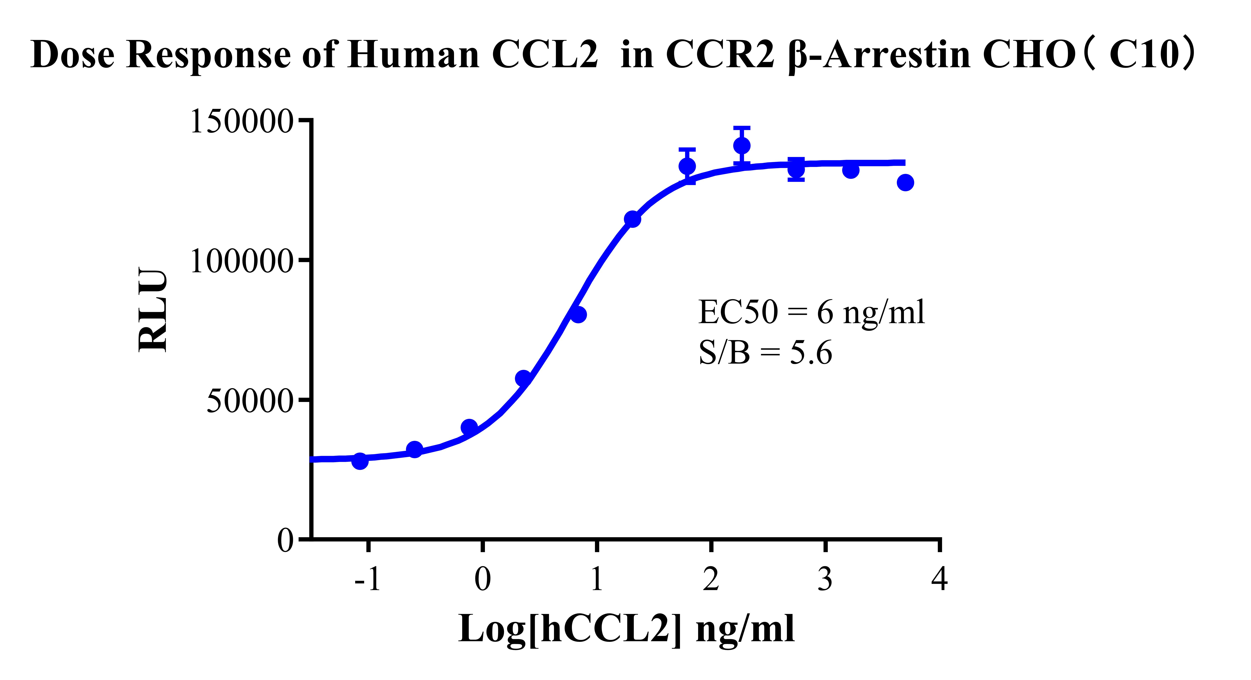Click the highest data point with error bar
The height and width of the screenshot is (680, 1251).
coord(742,145)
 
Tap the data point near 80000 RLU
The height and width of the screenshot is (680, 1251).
coord(578,315)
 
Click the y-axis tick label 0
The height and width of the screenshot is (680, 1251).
coord(286,540)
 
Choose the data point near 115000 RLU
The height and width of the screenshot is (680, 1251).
coord(632,219)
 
